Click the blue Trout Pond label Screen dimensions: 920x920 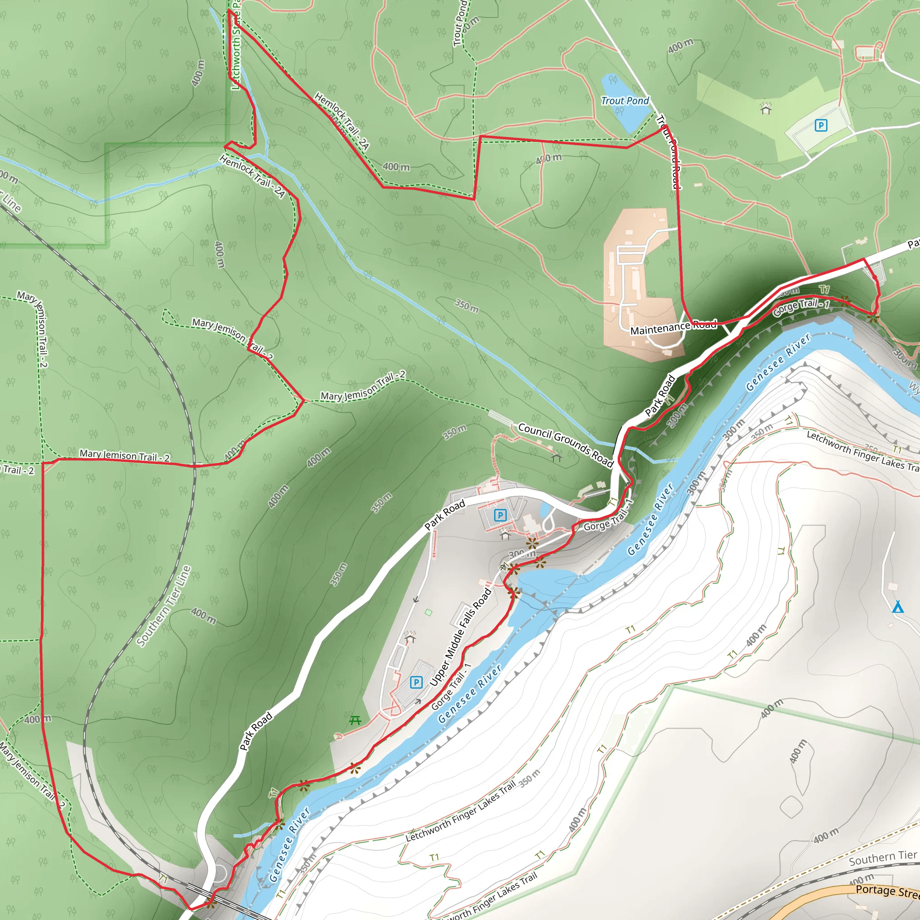point(625,101)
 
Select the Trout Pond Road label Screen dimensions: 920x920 point(668,152)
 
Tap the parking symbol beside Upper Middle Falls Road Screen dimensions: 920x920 point(416,682)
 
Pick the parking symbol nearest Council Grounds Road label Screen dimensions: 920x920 point(500,515)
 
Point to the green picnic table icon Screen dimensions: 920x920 point(355,721)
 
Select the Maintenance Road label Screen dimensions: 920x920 point(673,327)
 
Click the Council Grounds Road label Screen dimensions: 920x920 point(565,444)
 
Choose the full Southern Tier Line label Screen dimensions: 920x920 point(164,606)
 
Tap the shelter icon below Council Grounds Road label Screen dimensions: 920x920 point(556,458)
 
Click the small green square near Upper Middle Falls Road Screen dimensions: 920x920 point(429,612)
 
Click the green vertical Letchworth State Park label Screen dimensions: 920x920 point(236,48)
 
